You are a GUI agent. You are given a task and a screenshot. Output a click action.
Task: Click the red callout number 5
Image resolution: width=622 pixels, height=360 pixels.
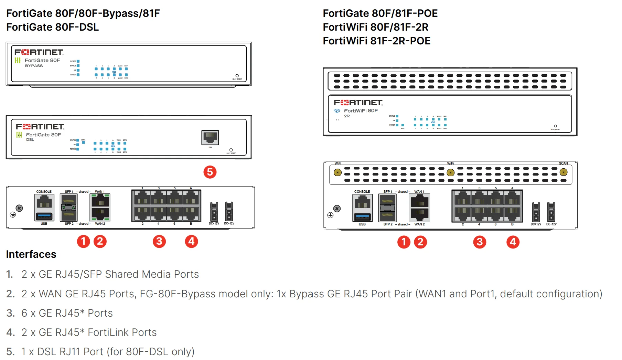point(210,172)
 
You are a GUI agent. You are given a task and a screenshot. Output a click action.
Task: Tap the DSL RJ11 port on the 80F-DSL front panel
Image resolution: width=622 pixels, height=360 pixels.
point(210,138)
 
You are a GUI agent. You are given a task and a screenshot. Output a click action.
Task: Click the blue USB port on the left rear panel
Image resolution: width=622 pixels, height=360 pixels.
point(44,216)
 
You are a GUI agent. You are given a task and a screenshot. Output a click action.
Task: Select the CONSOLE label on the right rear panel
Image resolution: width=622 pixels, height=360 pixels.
point(362,192)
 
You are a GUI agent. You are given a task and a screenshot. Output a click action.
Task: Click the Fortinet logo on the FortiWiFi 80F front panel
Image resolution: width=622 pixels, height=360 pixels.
point(358,103)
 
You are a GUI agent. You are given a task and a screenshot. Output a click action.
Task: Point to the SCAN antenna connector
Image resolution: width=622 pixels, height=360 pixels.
point(563,172)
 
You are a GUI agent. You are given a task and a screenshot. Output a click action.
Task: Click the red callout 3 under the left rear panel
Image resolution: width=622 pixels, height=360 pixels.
point(159,241)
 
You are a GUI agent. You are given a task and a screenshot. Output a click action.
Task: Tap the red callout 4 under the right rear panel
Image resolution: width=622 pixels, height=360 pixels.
point(513,242)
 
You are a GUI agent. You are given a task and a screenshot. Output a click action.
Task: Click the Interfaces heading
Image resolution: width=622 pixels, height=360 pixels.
point(31,254)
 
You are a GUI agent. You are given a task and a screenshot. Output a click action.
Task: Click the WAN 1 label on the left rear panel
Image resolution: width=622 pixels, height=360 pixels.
point(100,192)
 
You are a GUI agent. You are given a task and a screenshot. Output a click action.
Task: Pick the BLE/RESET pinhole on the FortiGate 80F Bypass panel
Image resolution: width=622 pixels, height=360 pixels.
point(237,76)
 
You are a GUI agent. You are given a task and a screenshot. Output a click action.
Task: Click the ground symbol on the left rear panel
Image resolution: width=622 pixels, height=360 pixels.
point(13,215)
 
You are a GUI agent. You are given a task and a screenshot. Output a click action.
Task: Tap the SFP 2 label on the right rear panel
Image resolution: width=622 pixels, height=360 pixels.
point(388,224)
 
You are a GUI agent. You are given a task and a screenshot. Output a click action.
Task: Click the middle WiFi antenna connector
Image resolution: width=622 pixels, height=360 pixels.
point(450,172)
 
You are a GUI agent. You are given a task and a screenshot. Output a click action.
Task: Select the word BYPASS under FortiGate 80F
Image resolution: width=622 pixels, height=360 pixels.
point(34,66)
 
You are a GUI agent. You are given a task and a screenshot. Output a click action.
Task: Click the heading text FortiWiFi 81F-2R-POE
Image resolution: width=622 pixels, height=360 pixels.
point(376,41)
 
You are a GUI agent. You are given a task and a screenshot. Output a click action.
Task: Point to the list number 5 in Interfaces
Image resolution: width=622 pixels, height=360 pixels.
point(10,352)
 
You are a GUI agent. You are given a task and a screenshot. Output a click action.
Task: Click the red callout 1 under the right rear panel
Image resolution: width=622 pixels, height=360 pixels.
point(404,242)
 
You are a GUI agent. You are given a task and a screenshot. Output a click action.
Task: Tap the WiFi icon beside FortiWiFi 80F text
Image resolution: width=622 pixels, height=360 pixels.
point(337,111)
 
